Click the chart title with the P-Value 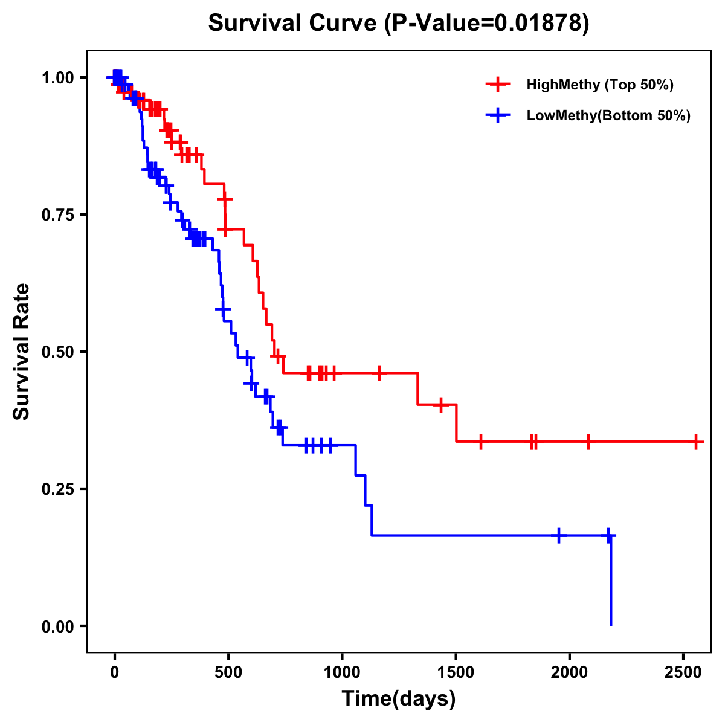coord(399,24)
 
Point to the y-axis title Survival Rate coord(22,351)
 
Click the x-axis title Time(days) coord(399,699)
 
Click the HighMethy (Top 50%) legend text coord(600,85)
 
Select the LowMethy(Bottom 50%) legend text coord(608,115)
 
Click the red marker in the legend coord(498,85)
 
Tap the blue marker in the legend coord(498,115)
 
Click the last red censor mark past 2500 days coord(696,442)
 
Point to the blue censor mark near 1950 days coord(559,535)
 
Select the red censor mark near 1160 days coord(379,373)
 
